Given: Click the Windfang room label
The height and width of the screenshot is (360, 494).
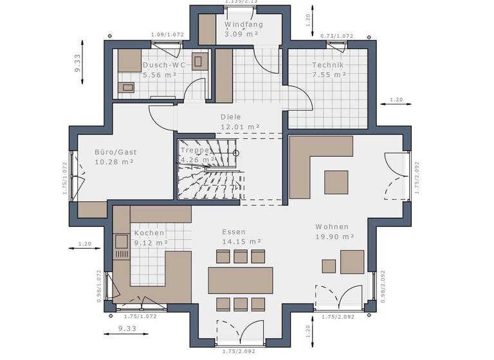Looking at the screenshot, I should tap(243, 25).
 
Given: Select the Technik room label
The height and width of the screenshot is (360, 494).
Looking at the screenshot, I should tap(328, 65).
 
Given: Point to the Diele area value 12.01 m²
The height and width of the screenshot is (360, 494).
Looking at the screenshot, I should tap(240, 127).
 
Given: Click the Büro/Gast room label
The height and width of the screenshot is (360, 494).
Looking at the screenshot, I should tap(116, 152).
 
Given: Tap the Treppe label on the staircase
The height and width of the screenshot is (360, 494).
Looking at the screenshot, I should tap(195, 150).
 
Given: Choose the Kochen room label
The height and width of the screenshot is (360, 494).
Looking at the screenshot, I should tap(149, 233).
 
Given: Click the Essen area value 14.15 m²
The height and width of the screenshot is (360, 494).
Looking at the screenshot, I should tap(241, 242).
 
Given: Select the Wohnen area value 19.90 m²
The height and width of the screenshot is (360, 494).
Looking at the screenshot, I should tap(335, 237).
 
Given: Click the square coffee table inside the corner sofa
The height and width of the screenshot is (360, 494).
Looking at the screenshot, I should tap(336, 182).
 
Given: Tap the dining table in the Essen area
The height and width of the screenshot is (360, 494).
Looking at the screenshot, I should tap(240, 280).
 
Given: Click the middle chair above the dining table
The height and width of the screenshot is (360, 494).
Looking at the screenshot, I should tap(241, 256).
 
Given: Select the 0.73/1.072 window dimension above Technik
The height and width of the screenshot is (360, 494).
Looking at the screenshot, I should tap(337, 36).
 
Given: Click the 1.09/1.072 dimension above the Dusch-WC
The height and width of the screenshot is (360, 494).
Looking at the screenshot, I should tap(167, 34).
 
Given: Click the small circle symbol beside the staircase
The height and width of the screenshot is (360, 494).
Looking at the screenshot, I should tap(236, 153).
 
